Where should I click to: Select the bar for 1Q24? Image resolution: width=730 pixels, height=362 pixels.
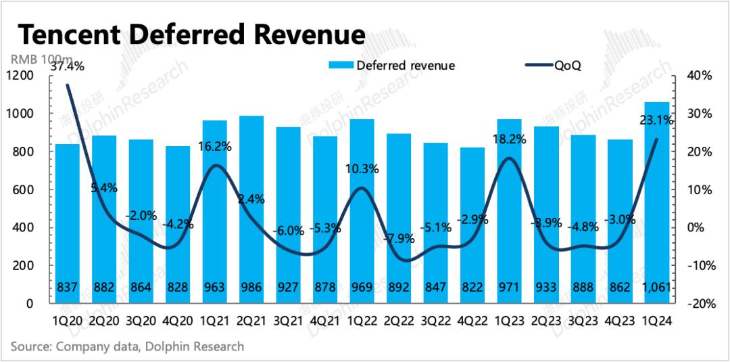(x=657, y=203)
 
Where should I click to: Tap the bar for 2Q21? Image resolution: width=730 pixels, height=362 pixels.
(x=252, y=210)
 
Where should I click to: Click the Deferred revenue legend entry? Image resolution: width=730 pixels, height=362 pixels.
(x=391, y=66)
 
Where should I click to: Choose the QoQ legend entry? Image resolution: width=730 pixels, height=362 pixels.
(x=554, y=66)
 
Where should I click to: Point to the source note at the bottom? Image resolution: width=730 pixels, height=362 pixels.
(x=127, y=346)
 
